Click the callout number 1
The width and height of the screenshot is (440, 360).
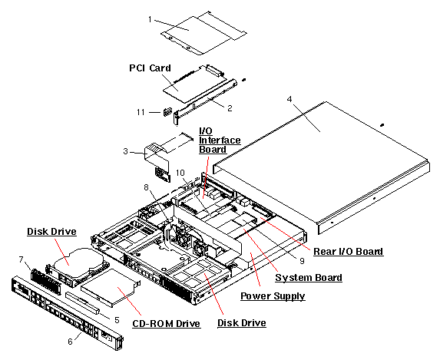150,19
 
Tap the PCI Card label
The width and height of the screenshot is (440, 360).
150,68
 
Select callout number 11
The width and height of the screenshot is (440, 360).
141,112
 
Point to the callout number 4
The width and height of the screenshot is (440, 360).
289,99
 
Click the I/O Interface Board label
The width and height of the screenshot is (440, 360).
220,140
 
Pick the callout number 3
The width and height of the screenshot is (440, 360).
125,151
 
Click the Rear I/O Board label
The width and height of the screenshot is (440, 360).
348,252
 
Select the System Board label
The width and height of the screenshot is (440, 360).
309,278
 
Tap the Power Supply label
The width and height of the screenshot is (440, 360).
273,296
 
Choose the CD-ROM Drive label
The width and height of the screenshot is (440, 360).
166,323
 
